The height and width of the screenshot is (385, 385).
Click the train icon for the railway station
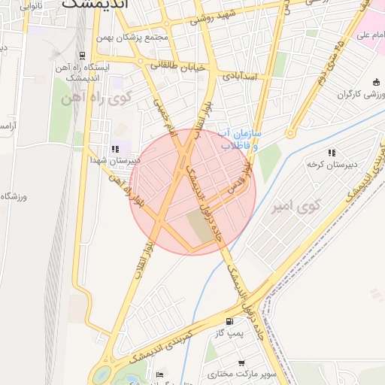tap(82, 56)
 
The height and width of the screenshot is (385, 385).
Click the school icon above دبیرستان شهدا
tap(115, 149)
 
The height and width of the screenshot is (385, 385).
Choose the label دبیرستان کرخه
tap(333, 163)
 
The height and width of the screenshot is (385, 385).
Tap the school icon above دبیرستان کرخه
tap(332, 153)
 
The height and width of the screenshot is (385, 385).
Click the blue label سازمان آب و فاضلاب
tap(238, 140)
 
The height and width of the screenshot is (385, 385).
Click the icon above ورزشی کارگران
tap(376, 83)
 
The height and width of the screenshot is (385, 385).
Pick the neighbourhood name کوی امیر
tap(297, 205)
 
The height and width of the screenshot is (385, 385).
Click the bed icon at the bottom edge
tap(159, 374)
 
